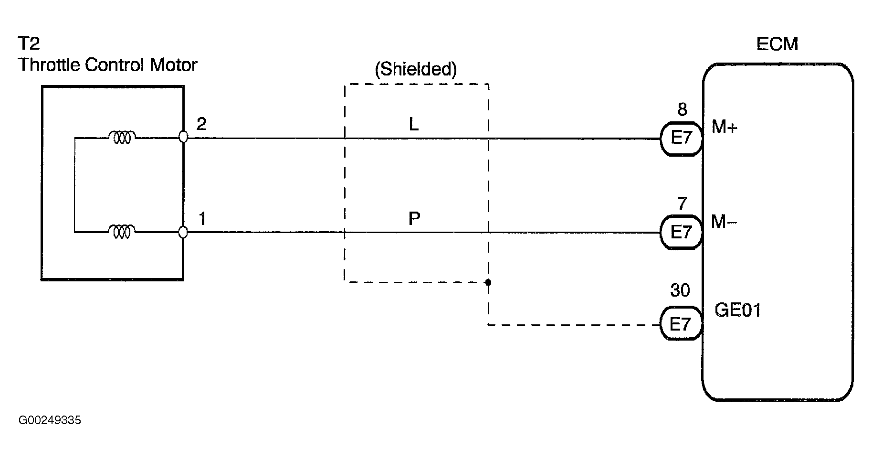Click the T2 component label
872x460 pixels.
[29, 43]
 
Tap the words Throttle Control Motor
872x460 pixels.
[107, 65]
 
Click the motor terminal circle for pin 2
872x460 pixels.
[183, 137]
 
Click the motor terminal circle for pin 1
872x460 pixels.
[183, 232]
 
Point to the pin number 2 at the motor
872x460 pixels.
[201, 124]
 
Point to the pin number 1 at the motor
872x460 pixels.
[202, 219]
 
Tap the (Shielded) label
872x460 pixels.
[416, 70]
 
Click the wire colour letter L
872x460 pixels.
[414, 125]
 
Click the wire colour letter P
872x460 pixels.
[414, 219]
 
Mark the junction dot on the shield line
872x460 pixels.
[488, 282]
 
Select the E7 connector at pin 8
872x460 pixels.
[681, 138]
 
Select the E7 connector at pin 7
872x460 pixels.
[681, 233]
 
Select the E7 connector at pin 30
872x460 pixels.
[681, 324]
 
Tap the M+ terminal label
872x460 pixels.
[725, 127]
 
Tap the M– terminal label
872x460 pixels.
[724, 222]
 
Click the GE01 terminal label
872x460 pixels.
[737, 310]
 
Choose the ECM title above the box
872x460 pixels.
[777, 44]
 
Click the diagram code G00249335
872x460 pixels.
[50, 421]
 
